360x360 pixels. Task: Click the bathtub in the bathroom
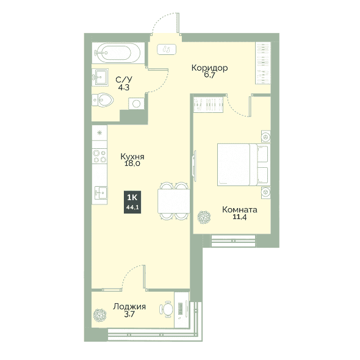click(x=118, y=53)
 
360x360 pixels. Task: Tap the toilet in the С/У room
click(x=103, y=100)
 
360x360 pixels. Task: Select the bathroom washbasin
click(x=100, y=77)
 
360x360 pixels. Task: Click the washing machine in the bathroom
click(x=136, y=104)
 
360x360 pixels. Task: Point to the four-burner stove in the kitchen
click(x=99, y=156)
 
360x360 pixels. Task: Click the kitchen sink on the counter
click(x=101, y=192)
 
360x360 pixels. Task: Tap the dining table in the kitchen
click(x=174, y=201)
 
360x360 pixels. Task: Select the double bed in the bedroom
click(x=243, y=164)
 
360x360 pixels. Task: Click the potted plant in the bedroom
click(x=204, y=217)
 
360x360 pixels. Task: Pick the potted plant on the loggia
click(x=100, y=315)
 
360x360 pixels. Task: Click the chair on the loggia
click(x=166, y=309)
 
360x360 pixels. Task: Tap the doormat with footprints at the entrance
click(x=167, y=49)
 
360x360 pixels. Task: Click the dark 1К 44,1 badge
click(x=132, y=202)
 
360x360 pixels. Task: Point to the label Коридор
click(x=210, y=68)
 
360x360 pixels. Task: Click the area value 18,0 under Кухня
click(x=132, y=164)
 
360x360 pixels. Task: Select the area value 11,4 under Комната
click(x=239, y=217)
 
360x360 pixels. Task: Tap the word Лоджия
click(x=129, y=306)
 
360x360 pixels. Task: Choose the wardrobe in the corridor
click(x=263, y=63)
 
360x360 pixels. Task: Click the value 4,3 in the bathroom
click(x=124, y=87)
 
